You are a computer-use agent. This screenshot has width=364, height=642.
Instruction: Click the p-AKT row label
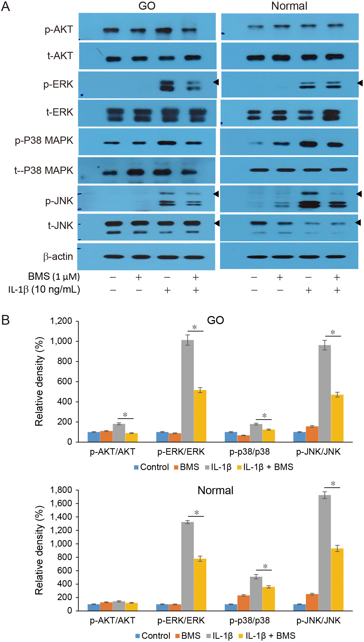pos(59,30)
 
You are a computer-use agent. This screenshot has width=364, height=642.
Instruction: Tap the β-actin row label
pos(58,257)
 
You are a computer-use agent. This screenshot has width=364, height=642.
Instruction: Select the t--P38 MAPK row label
pos(44,170)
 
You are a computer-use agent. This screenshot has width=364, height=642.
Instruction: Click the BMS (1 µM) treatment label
pos(54,277)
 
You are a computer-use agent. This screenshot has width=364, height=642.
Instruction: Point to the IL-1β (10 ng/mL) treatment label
pos(44,290)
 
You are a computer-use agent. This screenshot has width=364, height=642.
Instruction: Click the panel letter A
pos(5,6)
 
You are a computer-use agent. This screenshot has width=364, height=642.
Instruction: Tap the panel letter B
pos(5,320)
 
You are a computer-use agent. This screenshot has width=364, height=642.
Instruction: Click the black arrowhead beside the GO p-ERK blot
pos(216,82)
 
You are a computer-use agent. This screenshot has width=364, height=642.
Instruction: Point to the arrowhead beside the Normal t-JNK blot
pos(358,223)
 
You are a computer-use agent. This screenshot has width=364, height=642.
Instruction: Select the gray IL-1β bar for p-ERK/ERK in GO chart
pos(188,391)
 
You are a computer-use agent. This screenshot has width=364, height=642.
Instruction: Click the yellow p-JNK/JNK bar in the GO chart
pos(337,418)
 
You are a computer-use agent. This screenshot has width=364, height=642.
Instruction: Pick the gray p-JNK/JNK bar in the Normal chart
pos(325,553)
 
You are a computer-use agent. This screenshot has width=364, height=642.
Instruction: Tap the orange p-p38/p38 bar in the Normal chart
pos(243,603)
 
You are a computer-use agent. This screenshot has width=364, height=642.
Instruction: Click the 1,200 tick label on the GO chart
pos(61,321)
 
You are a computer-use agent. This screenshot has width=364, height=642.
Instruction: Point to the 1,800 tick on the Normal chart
pos(61,490)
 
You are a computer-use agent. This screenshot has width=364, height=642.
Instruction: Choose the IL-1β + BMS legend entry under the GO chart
pos(265,467)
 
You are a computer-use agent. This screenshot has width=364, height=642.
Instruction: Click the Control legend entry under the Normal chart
pos(153,636)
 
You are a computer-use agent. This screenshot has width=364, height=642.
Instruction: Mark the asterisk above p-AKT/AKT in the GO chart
pos(125,415)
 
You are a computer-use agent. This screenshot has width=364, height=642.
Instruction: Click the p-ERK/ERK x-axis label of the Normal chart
pos(181,621)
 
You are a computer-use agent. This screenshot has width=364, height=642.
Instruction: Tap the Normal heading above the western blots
pos(289,6)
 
